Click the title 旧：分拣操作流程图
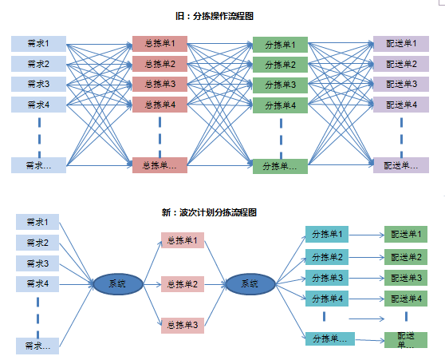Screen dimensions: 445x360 215,16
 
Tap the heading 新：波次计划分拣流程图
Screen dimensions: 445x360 209,212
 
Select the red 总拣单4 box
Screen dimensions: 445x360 159,105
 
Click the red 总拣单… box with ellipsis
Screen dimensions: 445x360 159,165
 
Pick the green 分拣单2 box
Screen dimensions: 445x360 280,65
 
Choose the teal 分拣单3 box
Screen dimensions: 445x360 327,278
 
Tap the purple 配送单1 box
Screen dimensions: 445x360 401,44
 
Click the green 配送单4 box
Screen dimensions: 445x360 406,299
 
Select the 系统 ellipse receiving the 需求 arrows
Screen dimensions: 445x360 118,284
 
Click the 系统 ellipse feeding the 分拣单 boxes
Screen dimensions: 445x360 250,284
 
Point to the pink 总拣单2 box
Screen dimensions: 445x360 183,284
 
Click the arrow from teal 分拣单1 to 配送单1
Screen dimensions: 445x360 366,235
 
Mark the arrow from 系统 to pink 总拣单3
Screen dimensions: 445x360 152,305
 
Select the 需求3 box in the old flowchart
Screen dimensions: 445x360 38,84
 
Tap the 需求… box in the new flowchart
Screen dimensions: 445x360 37,346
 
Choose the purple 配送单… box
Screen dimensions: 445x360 401,165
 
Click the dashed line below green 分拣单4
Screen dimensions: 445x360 281,139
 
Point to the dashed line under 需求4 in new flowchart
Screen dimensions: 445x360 37,318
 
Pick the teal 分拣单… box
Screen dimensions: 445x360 330,338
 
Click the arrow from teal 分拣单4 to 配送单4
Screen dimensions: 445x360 366,299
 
